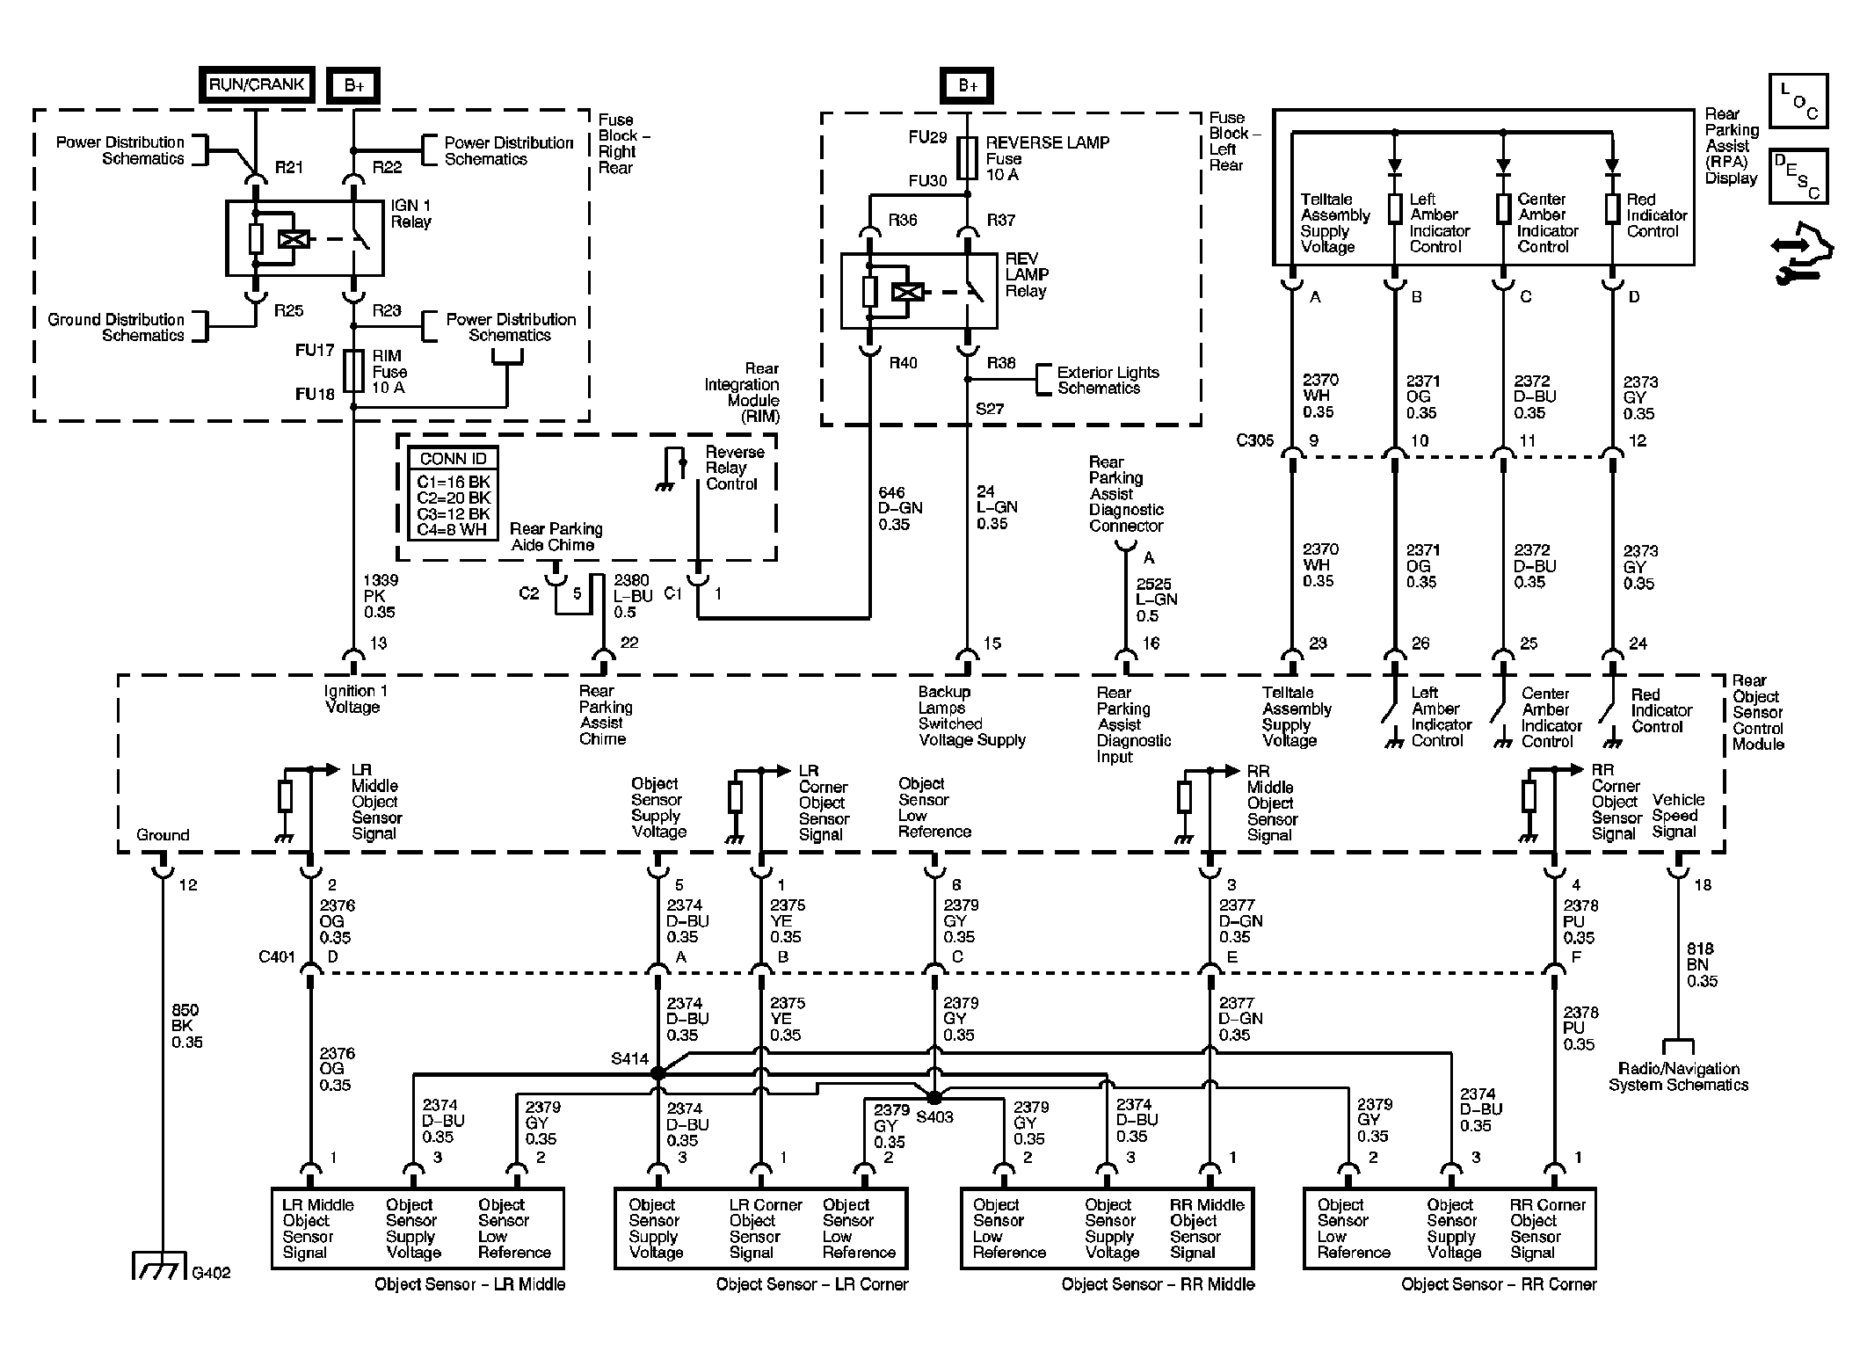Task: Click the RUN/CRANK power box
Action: [256, 85]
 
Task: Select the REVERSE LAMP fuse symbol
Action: [967, 157]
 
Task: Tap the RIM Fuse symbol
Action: [353, 370]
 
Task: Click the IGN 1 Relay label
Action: [410, 214]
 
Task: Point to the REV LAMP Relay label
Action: [1027, 275]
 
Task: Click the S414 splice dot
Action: [657, 1073]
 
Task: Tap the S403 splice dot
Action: [933, 1098]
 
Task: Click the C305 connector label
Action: [1254, 440]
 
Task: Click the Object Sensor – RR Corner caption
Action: [1498, 1284]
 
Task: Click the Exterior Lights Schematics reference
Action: [1107, 380]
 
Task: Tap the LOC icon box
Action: [1798, 103]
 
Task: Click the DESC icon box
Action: [1798, 176]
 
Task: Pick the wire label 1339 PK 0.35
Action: [380, 596]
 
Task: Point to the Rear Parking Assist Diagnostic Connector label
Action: [1125, 494]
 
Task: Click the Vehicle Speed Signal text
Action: [1677, 816]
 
